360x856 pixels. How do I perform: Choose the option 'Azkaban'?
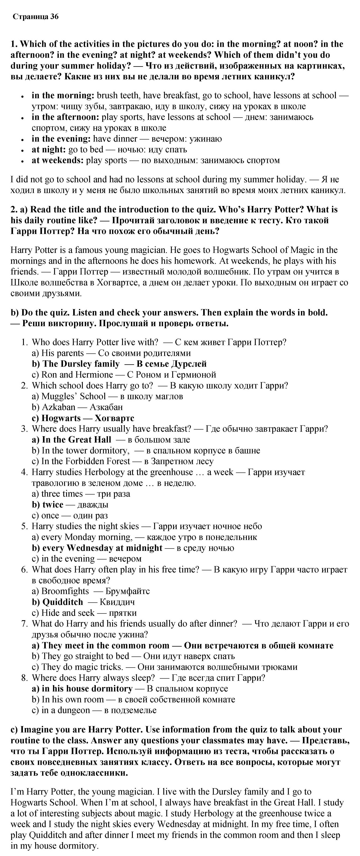coord(58,407)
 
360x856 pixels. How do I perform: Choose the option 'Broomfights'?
coord(65,591)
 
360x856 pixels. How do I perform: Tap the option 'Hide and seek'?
coord(68,613)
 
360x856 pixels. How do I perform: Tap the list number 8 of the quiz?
coord(24,678)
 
